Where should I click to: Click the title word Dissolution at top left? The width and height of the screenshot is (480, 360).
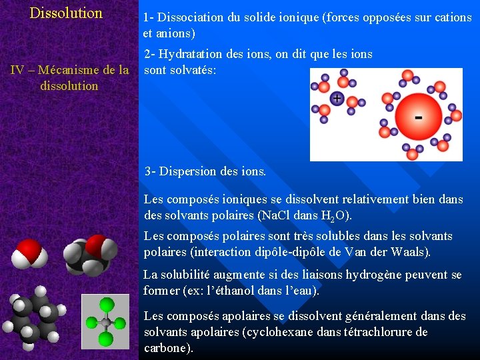[x=66, y=13]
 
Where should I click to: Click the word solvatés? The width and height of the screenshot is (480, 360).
[x=193, y=69]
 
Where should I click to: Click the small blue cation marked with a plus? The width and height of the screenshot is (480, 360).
[x=337, y=99]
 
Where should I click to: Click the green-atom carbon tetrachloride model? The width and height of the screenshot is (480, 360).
[x=105, y=322]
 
